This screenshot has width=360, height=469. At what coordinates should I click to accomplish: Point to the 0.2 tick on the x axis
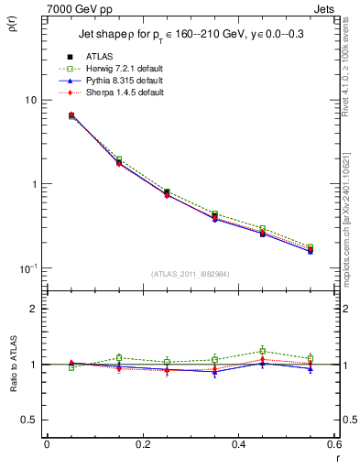pos(142,445)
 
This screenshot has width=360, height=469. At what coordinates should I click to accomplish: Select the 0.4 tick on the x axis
pos(238,445)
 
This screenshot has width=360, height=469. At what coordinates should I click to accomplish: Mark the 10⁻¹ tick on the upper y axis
pos(31,267)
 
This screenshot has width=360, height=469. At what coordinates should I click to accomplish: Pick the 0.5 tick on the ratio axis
pos(32,420)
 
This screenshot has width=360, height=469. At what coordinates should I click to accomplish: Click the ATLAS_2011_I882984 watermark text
pos(191,274)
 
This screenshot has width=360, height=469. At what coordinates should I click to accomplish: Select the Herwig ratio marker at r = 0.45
pos(263,351)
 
